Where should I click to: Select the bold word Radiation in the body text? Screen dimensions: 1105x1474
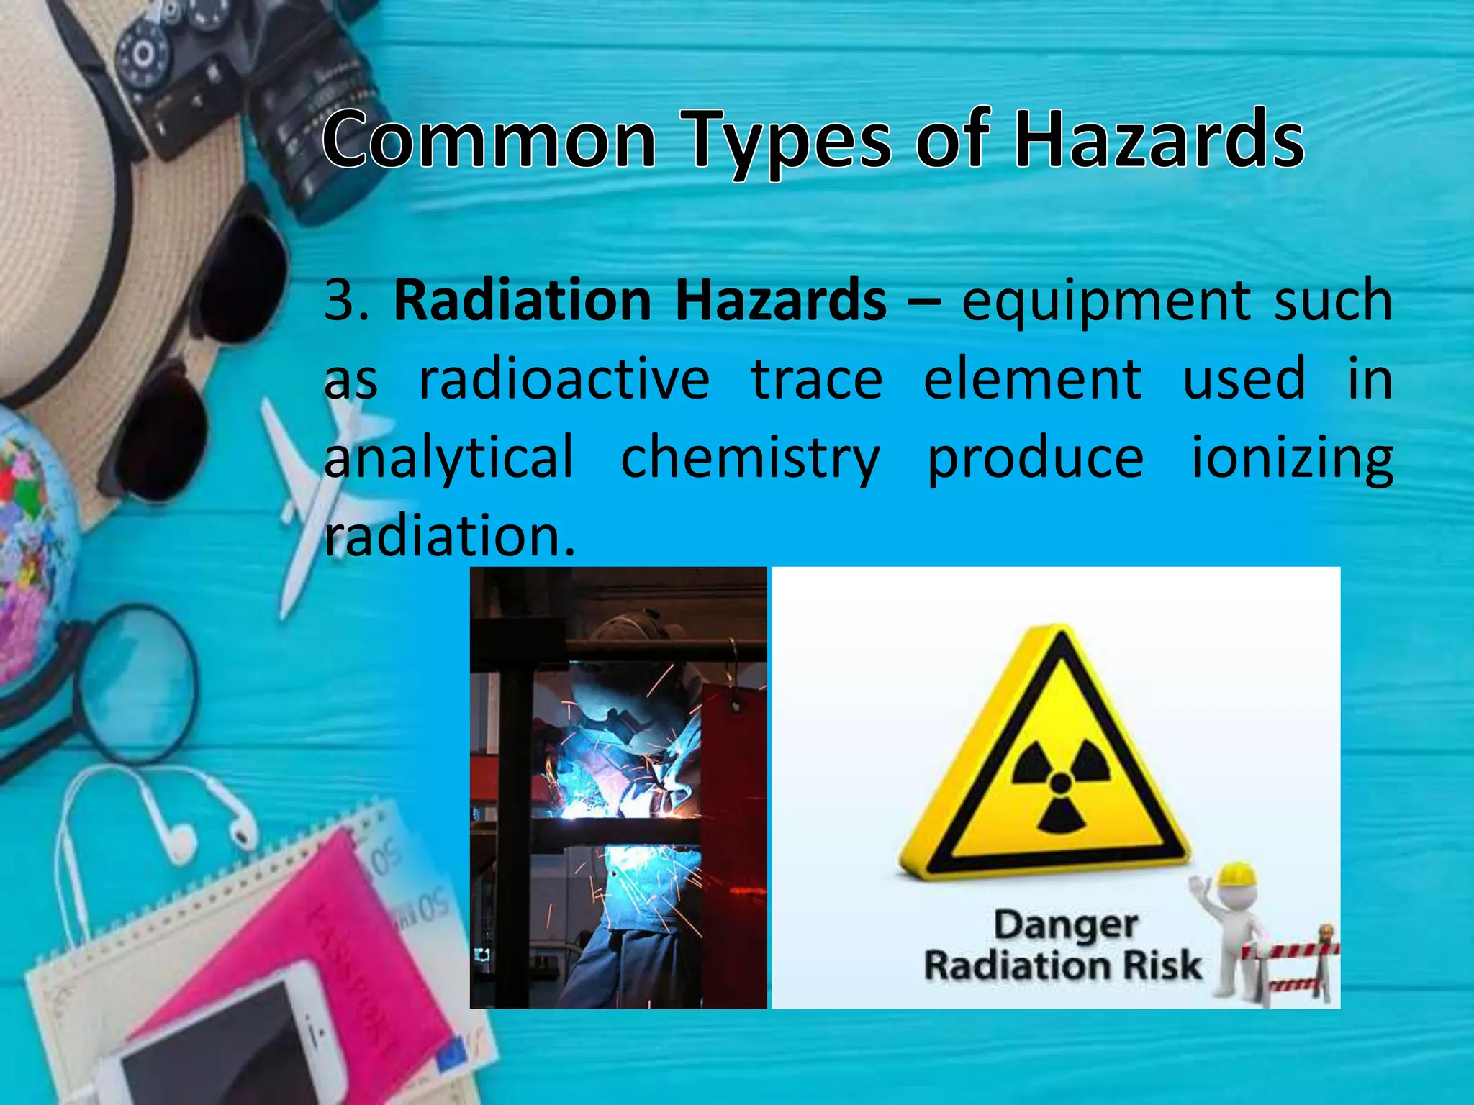(523, 299)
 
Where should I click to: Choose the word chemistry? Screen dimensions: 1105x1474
(750, 458)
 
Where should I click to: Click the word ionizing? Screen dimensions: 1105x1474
(1292, 458)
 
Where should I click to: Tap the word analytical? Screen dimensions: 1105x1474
(449, 458)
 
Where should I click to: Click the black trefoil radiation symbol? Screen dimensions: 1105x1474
(1060, 784)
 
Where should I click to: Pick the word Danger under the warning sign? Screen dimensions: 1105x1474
(1065, 925)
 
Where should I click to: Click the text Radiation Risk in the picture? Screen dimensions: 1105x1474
(1062, 965)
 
